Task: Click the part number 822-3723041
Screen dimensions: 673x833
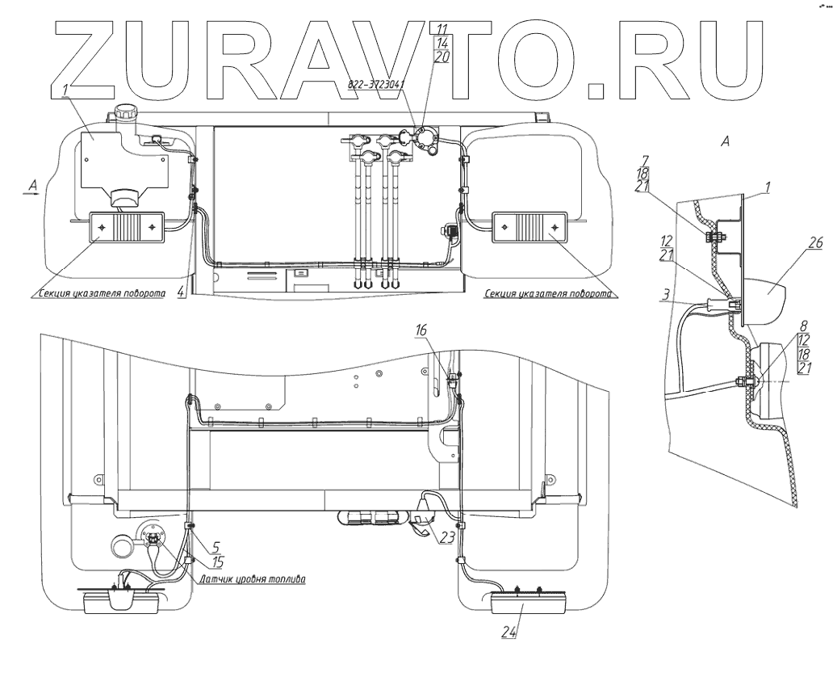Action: [377, 83]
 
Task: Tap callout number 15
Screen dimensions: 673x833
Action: [218, 560]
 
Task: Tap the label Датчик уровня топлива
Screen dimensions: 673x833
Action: [251, 579]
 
